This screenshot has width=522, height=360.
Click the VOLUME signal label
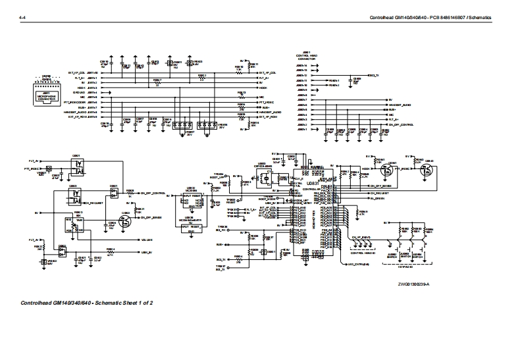pos(146,240)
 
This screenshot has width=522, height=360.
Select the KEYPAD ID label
pos(407,267)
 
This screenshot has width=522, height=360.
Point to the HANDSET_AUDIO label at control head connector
pos(399,105)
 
